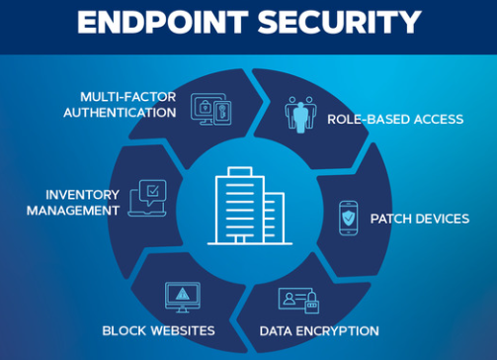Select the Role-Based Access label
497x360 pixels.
[x=395, y=119]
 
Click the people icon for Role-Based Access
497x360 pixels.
[x=302, y=114]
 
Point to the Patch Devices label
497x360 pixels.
[x=419, y=218]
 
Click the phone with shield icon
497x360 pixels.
[x=349, y=218]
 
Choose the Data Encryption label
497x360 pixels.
[x=318, y=330]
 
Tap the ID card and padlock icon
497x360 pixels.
[x=299, y=298]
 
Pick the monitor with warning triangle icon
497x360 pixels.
[x=182, y=297]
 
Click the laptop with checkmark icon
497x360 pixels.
[x=147, y=198]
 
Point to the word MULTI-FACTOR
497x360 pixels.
[x=128, y=96]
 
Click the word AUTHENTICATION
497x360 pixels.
[x=120, y=112]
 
